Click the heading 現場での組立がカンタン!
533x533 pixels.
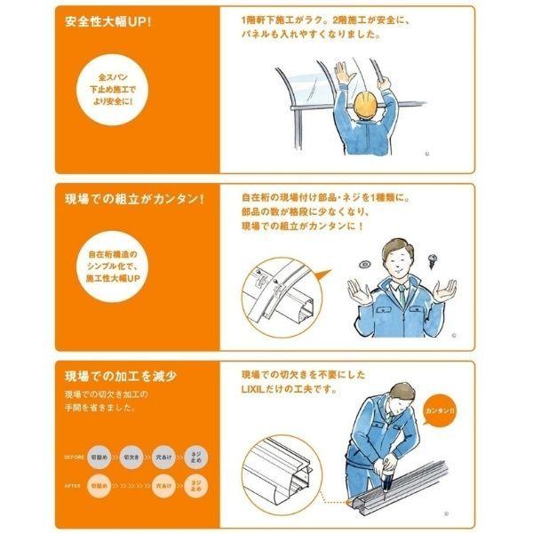coord(131,198)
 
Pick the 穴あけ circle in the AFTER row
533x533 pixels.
coord(163,486)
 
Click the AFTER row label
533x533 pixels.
coord(74,487)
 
